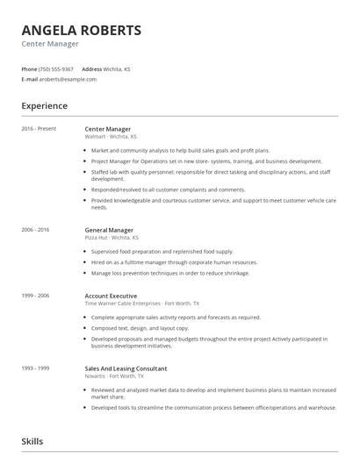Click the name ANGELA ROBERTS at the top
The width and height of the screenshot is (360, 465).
point(81,31)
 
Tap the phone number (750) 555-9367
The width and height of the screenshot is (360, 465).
point(57,68)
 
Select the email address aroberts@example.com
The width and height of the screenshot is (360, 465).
point(68,79)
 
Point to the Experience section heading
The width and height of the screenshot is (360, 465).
point(44,106)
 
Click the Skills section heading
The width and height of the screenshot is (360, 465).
point(32,441)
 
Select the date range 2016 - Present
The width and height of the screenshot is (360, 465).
point(39,129)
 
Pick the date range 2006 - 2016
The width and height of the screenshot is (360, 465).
point(36,229)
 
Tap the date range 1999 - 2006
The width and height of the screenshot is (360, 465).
point(36,296)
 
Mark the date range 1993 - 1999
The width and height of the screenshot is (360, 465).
point(36,368)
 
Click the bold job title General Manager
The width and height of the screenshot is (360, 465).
point(109,229)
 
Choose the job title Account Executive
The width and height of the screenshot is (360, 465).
point(112,296)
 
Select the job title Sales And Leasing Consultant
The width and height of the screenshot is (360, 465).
point(126,368)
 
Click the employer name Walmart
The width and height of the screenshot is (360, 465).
point(95,137)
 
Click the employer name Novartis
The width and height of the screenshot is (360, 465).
point(96,376)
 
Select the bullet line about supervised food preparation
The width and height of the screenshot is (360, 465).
point(162,252)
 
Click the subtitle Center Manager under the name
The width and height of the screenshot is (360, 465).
point(50,43)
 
